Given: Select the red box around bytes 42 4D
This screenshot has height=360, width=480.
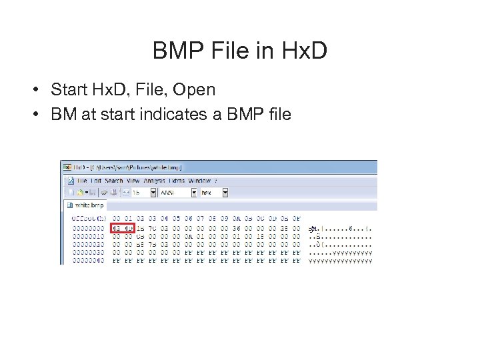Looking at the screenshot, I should click(123, 229).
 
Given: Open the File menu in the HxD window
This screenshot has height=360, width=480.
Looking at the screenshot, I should click(82, 181).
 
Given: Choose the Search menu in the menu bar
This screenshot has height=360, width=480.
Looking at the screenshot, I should click(114, 181).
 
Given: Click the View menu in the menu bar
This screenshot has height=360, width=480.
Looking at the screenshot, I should click(133, 181).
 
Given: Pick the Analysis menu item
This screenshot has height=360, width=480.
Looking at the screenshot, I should click(155, 181).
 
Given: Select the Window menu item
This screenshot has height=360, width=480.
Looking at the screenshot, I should click(199, 181).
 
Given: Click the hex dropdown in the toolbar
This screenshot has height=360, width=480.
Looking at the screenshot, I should click(213, 192).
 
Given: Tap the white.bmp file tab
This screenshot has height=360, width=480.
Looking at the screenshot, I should click(89, 205).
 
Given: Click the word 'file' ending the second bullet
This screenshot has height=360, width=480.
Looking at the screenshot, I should click(279, 114).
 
